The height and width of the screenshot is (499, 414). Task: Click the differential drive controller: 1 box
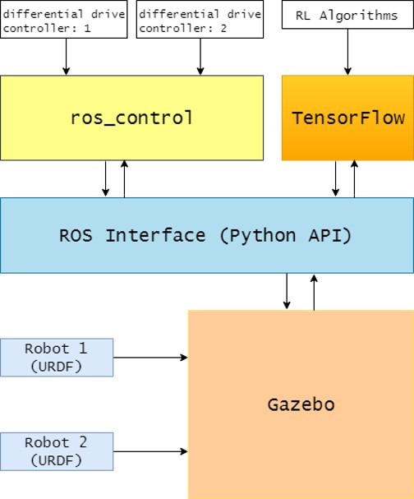click(64, 19)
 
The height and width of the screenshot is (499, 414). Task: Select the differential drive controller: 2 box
click(198, 19)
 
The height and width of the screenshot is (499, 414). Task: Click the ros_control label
click(131, 118)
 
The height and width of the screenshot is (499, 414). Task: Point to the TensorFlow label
click(348, 118)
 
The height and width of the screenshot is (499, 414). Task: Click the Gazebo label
click(301, 404)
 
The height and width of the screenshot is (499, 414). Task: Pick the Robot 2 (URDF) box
click(57, 451)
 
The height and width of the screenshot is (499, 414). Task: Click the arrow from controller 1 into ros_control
click(66, 56)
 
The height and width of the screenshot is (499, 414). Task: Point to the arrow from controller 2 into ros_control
click(200, 56)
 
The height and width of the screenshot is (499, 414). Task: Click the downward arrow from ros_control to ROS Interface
click(106, 178)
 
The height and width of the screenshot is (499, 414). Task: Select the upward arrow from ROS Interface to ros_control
click(124, 178)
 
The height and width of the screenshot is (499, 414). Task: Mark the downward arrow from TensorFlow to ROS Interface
click(336, 178)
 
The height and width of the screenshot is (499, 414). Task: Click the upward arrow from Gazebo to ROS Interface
click(314, 292)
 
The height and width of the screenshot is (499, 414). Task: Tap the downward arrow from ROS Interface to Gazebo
click(287, 292)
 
